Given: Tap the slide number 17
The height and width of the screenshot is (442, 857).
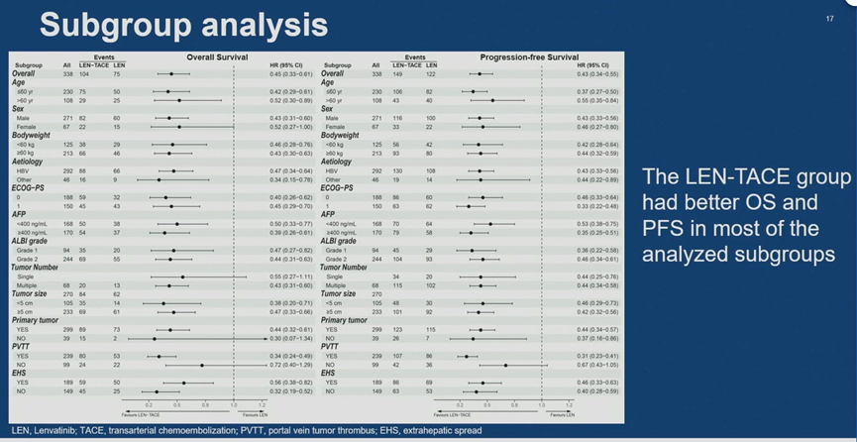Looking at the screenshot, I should tap(828, 18).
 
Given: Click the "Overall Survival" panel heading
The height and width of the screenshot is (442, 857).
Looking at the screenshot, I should tap(219, 57).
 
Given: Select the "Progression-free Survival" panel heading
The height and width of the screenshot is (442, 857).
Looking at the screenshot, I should tap(530, 57).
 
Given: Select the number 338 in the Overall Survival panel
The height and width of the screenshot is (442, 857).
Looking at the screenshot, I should tap(66, 74).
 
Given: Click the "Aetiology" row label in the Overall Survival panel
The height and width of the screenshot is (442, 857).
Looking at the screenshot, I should tap(27, 162).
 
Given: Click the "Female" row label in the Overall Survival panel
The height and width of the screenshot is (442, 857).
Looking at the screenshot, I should tap(27, 127).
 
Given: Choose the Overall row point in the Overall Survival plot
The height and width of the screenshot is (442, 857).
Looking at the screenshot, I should tap(170, 74).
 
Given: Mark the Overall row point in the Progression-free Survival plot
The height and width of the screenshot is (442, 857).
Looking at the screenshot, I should tap(480, 74).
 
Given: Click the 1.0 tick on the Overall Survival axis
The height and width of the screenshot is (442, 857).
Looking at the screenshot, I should tap(234, 404).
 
